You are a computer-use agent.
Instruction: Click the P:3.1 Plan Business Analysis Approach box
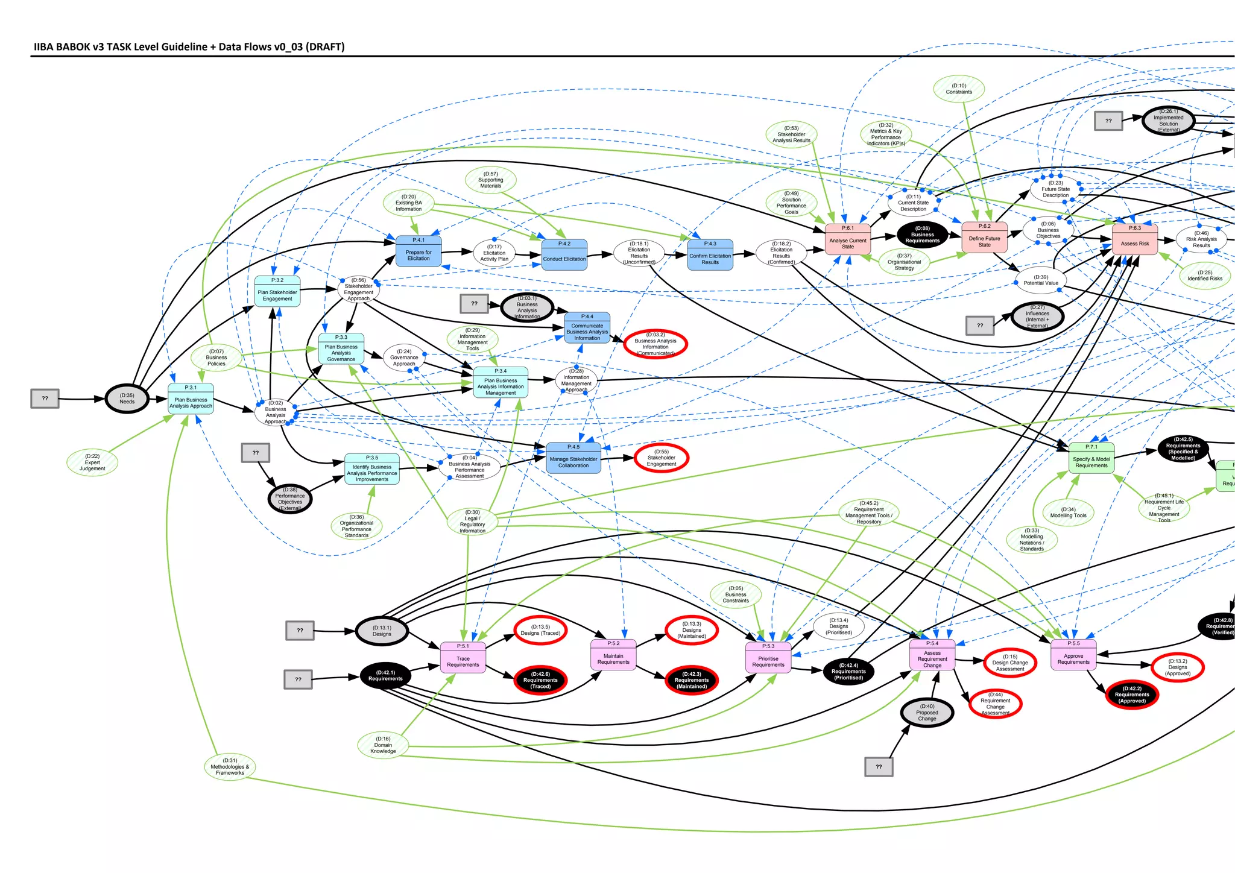tap(191, 399)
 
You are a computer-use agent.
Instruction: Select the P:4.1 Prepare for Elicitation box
tap(419, 251)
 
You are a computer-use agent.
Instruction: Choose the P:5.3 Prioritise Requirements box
tap(768, 658)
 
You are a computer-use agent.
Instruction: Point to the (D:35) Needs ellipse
tap(127, 399)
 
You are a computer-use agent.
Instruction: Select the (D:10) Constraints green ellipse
tap(959, 89)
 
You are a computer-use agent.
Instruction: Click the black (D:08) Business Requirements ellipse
tap(922, 235)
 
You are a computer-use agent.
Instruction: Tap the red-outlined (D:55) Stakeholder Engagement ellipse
tap(662, 458)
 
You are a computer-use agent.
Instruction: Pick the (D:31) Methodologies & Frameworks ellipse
tap(230, 767)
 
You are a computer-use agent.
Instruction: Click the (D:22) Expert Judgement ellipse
tap(92, 462)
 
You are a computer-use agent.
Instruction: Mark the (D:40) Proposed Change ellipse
tap(927, 713)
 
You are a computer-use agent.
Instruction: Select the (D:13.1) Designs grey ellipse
tap(382, 631)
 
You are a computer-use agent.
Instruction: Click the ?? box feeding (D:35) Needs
tap(45, 399)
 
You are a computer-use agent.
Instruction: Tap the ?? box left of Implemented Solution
tap(1108, 121)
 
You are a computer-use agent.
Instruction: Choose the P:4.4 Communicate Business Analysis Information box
tap(587, 328)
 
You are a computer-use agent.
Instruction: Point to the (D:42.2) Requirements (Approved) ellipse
tap(1132, 695)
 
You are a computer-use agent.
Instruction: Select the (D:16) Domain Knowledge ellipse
tap(383, 745)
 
